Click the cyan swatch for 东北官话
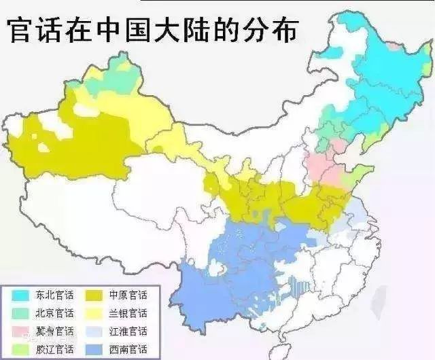(x=20, y=295)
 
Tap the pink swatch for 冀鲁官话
(x=20, y=331)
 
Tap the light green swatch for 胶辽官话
(x=20, y=348)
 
